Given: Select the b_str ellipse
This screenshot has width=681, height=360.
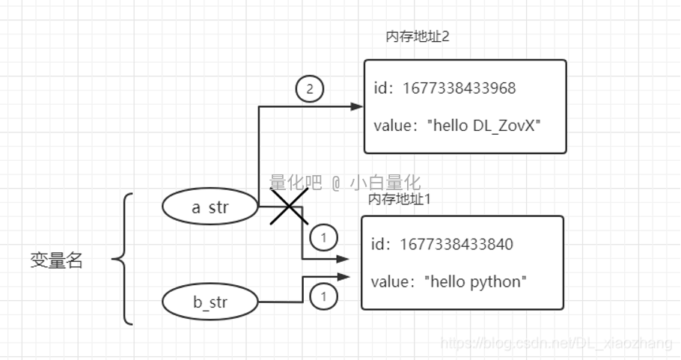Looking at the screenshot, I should coord(210,302).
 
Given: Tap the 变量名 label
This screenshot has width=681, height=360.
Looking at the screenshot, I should coord(56,260).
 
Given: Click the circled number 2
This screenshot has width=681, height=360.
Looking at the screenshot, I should coord(310,90).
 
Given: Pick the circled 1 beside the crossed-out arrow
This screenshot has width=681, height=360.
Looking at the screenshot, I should coord(323,238).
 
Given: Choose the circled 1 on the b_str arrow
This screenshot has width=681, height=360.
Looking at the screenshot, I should coord(323,296).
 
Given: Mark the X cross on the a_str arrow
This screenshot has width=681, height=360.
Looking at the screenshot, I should coord(289,207).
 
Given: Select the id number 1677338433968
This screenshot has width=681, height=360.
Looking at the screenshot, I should coord(459,88).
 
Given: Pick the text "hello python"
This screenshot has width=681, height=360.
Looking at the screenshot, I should coord(476,281).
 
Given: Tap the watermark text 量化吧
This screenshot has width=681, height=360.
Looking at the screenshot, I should coord(296,182).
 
